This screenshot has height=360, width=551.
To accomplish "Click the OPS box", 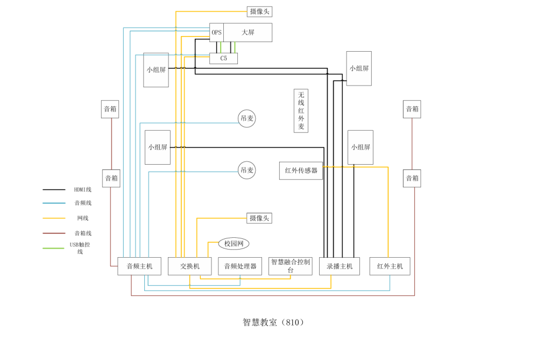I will pyautogui.click(x=216, y=32).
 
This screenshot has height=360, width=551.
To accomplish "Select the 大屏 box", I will pyautogui.click(x=248, y=32).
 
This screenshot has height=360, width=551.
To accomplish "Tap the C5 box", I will pyautogui.click(x=223, y=58).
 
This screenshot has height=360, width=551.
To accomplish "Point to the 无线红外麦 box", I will pyautogui.click(x=301, y=111).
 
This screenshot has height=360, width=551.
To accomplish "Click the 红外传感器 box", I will pyautogui.click(x=301, y=171).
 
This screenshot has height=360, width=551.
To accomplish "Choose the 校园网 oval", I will pyautogui.click(x=234, y=244).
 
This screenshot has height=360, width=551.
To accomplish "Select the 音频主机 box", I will pyautogui.click(x=139, y=266).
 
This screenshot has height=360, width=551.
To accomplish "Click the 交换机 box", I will pyautogui.click(x=189, y=266).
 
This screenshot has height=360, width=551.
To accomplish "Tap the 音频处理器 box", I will pyautogui.click(x=240, y=266).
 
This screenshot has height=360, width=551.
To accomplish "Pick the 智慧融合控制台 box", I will pyautogui.click(x=291, y=266).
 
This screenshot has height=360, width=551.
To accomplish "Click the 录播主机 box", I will pyautogui.click(x=340, y=266).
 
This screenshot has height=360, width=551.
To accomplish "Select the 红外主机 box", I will pyautogui.click(x=390, y=266).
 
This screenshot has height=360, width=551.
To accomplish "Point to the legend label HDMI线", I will pyautogui.click(x=83, y=189).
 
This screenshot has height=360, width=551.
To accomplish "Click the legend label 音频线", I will pyautogui.click(x=83, y=203).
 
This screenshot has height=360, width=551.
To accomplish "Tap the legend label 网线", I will pyautogui.click(x=83, y=218).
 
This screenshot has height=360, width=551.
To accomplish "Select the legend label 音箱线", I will pyautogui.click(x=83, y=233).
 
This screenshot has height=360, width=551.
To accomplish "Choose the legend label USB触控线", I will pyautogui.click(x=80, y=248).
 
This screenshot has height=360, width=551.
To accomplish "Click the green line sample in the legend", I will pyautogui.click(x=53, y=248).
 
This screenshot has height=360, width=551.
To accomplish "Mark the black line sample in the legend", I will pyautogui.click(x=53, y=189).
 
